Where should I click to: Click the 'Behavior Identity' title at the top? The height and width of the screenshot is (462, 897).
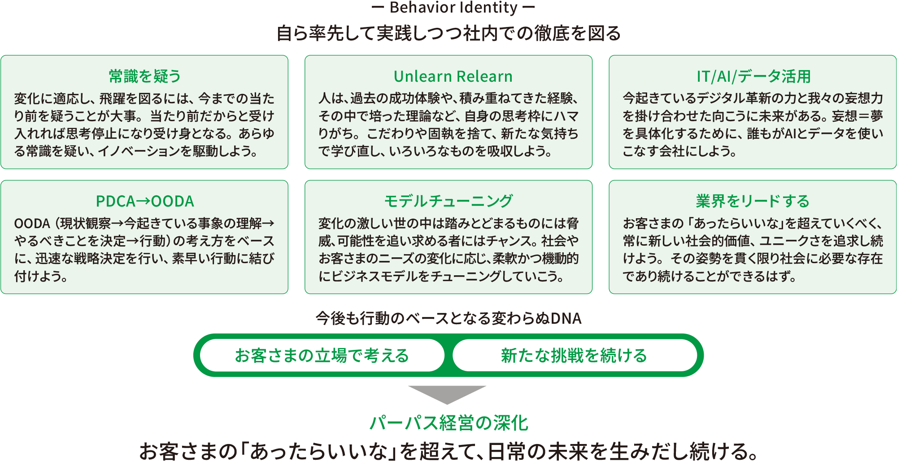point(453,8)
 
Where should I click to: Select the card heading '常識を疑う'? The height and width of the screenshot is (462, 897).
point(144,76)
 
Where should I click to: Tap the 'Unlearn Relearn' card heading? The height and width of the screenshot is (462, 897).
point(453,76)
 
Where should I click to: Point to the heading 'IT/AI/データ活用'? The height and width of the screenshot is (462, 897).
point(753,76)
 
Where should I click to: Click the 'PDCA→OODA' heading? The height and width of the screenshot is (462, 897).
point(145,201)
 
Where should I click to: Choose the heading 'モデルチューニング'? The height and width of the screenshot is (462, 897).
point(448,201)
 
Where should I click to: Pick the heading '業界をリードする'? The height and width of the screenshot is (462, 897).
point(753,201)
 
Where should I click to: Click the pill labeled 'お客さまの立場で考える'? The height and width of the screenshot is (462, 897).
point(322,356)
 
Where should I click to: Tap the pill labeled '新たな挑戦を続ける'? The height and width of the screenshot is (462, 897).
point(575,356)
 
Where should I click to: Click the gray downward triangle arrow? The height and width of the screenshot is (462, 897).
point(447,393)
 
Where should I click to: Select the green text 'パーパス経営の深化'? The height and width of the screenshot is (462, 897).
point(449,423)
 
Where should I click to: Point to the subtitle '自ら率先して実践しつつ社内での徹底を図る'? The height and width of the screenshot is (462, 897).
point(448,33)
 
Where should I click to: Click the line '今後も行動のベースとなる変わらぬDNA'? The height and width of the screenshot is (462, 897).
point(448,318)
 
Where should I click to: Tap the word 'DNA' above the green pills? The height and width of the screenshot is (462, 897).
point(566,318)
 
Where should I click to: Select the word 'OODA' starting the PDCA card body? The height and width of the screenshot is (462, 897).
point(32,224)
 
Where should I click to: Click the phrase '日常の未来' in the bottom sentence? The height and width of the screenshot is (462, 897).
point(540,451)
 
